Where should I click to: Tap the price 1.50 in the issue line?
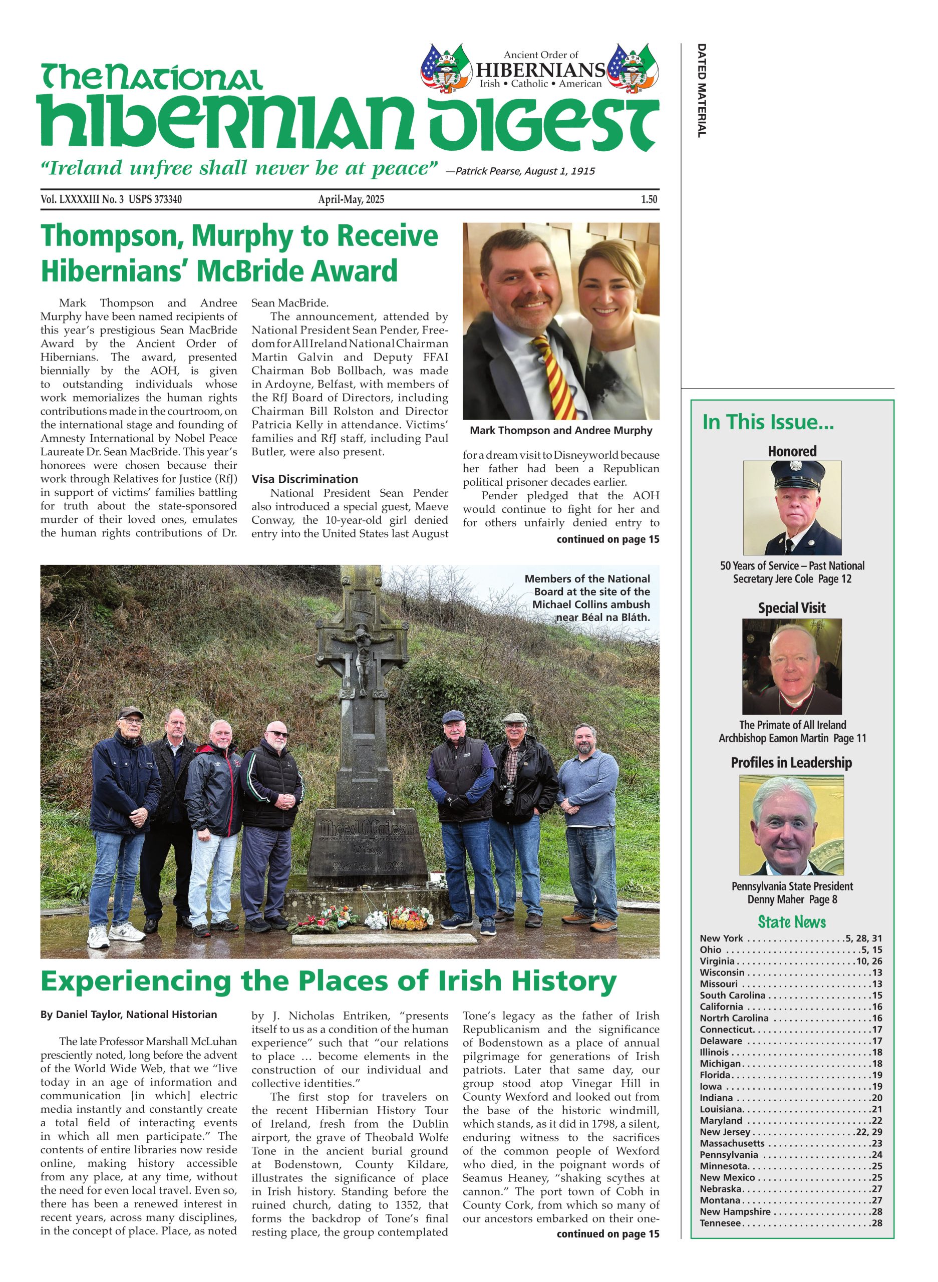coord(649,199)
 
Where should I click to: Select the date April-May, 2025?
coord(351,199)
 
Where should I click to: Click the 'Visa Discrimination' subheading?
coord(305,479)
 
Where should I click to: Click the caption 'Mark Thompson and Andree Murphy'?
coord(560,430)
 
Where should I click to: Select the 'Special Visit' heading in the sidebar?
coord(791,608)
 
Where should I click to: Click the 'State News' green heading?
coord(791,921)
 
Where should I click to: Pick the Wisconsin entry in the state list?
coord(722,973)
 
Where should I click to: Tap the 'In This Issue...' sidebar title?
coord(768,423)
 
